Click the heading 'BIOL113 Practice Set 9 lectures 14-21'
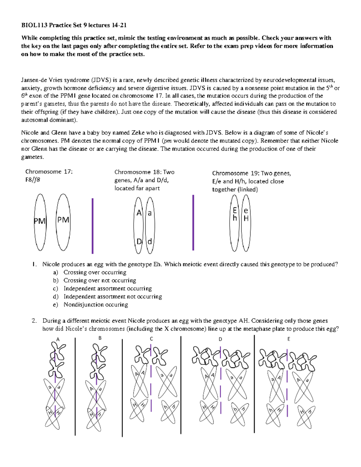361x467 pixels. point(74,25)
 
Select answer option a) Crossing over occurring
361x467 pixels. point(95,272)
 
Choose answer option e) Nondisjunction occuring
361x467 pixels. point(96,305)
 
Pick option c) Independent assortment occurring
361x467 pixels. point(107,288)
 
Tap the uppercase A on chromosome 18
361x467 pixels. point(139,213)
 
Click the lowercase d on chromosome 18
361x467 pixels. point(150,241)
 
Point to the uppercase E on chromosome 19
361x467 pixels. point(235,210)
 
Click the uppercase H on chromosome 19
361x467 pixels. point(246,219)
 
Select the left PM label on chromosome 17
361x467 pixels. point(39,221)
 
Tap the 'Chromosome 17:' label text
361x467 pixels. point(49,172)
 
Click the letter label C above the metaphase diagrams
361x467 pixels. point(151,339)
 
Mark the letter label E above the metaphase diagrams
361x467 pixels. point(288,339)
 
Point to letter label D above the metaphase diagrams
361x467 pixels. point(220,339)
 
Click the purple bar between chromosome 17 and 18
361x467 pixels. point(92,226)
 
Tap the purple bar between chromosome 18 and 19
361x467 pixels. point(193,223)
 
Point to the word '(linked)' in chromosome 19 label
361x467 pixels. point(248,189)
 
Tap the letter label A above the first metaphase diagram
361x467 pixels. point(58,339)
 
